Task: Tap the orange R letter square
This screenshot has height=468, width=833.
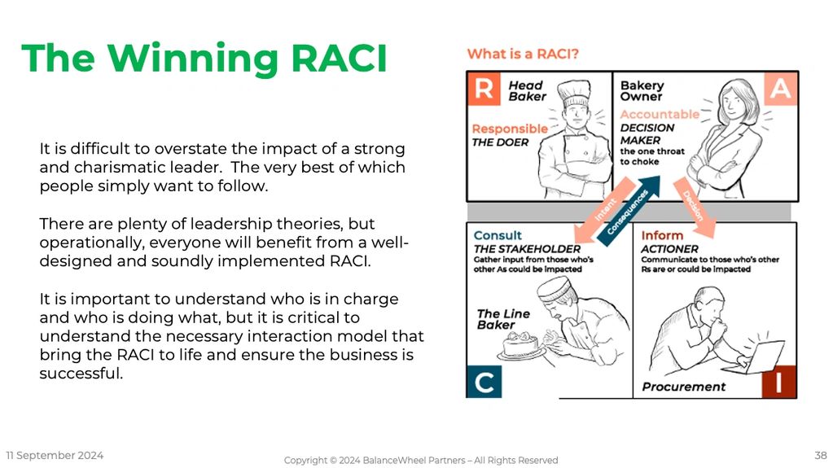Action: pyautogui.click(x=484, y=89)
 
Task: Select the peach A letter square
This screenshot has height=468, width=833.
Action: pyautogui.click(x=780, y=88)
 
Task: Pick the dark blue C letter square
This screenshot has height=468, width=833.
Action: pyautogui.click(x=484, y=382)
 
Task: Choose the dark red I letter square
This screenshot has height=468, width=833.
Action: pyautogui.click(x=779, y=382)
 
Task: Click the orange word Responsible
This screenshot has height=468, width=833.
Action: pyautogui.click(x=510, y=129)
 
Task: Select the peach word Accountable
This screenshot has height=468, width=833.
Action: pyautogui.click(x=660, y=114)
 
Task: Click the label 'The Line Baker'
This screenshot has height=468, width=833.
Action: pyautogui.click(x=503, y=319)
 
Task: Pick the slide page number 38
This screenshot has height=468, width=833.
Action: pyautogui.click(x=820, y=455)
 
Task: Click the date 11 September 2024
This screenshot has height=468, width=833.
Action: pyautogui.click(x=55, y=455)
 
